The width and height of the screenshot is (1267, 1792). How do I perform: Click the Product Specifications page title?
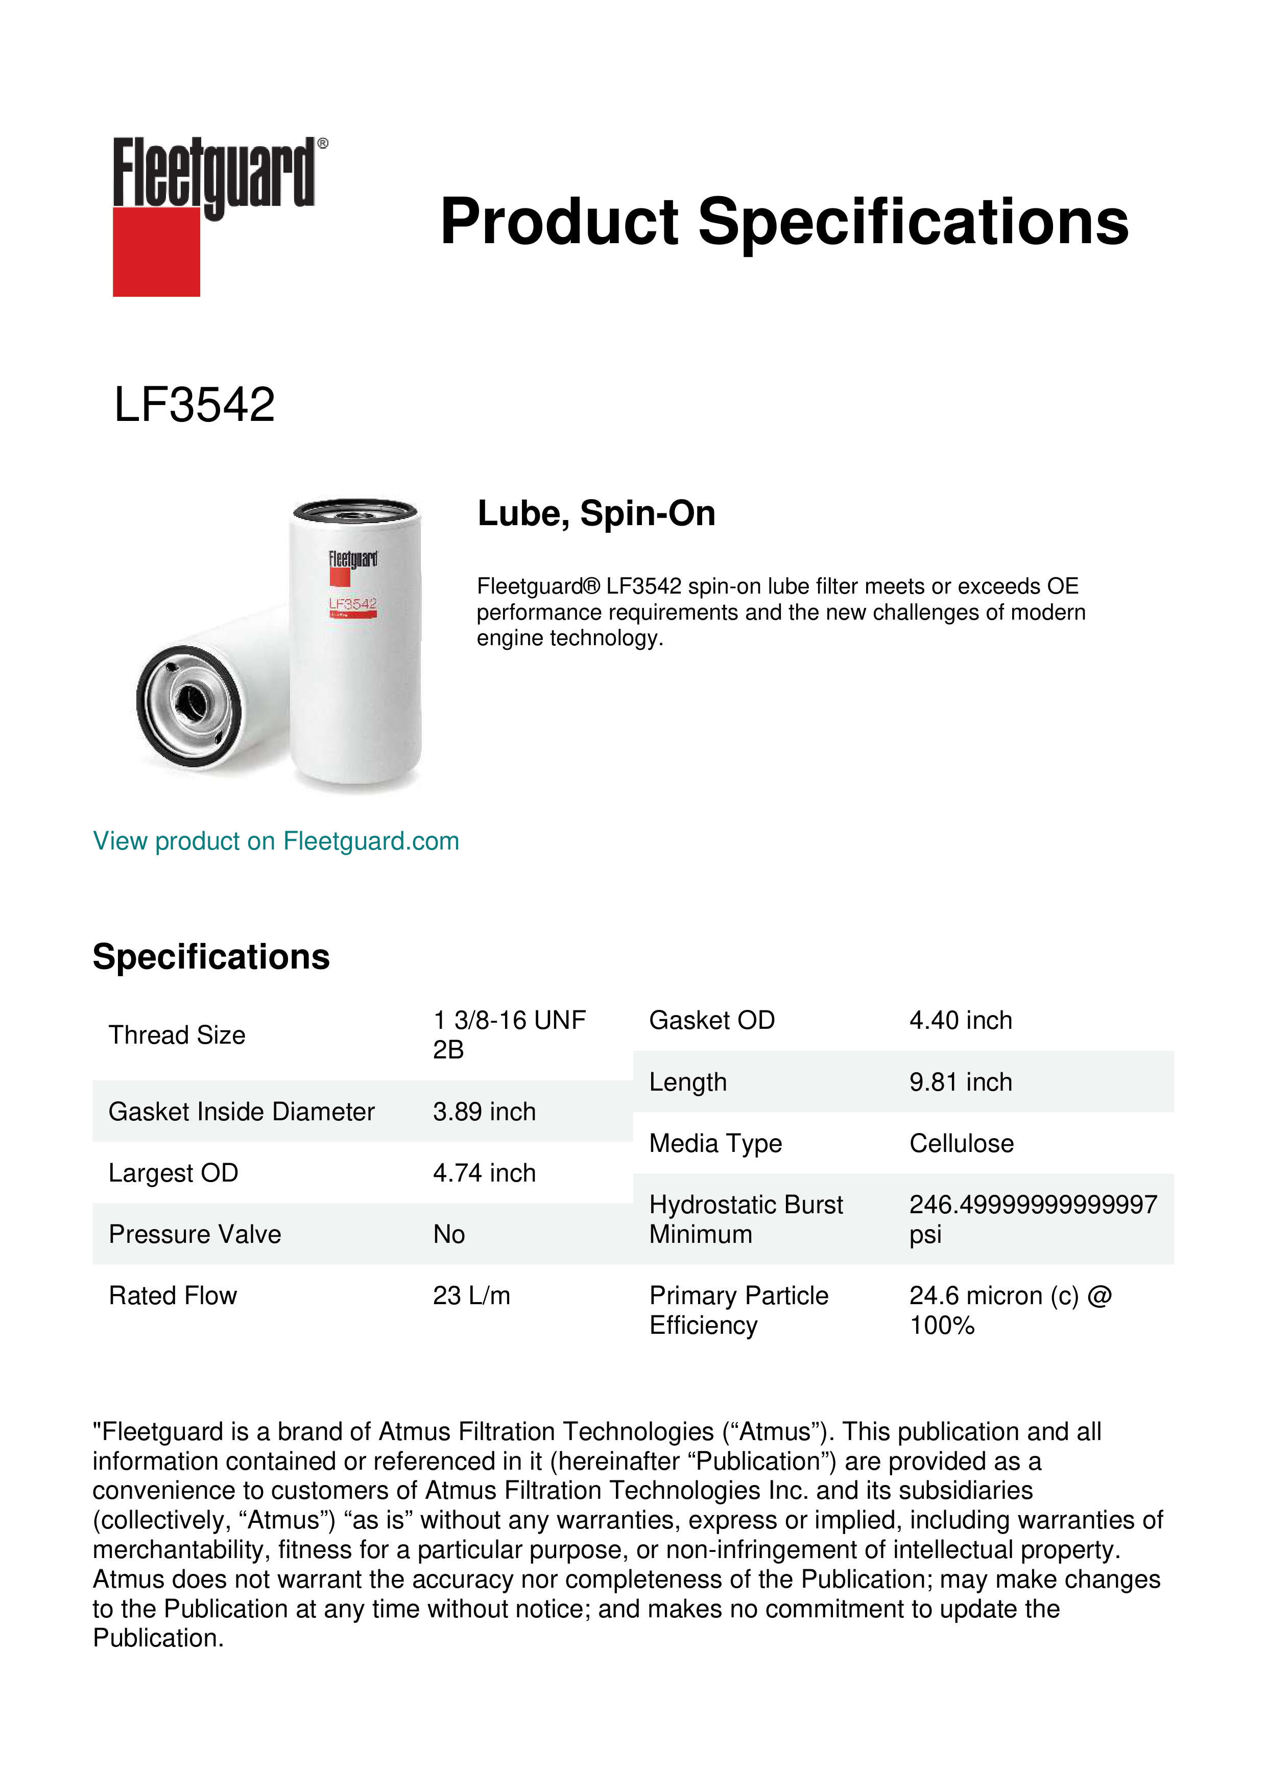coord(784,222)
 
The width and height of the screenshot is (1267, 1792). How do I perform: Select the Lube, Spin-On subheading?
coord(596,513)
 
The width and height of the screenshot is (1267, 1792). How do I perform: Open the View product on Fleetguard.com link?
coord(275,841)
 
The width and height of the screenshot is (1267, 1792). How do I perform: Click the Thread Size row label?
coord(177,1035)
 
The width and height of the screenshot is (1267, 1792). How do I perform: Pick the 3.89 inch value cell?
coord(485,1112)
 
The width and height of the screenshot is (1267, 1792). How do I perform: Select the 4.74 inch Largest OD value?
coord(485,1173)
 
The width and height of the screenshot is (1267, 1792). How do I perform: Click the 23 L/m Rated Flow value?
coord(471,1295)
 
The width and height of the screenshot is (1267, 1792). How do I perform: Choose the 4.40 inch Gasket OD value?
coord(961,1020)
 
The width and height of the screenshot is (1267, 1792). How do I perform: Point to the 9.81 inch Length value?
coord(961,1082)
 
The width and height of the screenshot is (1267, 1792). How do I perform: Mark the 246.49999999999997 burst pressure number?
coord(1033,1205)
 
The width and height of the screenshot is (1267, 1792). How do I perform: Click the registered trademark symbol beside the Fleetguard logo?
coord(323,144)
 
